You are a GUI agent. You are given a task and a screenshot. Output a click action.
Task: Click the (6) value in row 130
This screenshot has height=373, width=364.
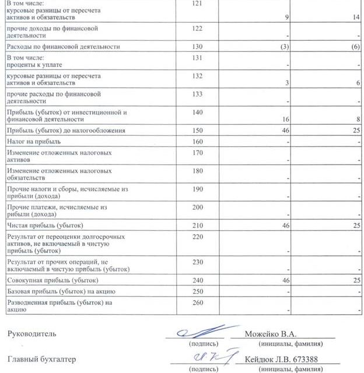click(356, 47)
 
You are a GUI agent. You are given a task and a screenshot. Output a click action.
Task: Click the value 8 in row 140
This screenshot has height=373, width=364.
click(358, 119)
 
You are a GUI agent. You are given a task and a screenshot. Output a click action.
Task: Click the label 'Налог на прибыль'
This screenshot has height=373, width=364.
click(33, 141)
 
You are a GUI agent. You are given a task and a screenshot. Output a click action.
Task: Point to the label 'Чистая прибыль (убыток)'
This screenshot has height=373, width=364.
click(44, 225)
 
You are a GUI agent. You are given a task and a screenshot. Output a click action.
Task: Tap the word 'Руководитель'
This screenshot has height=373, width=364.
click(32, 334)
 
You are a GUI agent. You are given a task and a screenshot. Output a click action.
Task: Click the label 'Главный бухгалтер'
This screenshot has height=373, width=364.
click(41, 360)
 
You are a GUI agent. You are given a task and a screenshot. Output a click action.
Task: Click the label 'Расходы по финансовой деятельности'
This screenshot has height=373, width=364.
click(63, 47)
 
